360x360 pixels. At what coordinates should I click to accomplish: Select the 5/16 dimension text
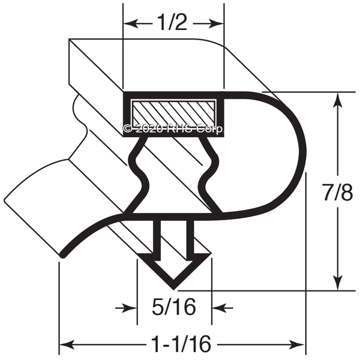point(174,307)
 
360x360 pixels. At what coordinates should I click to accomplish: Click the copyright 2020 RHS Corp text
point(173,129)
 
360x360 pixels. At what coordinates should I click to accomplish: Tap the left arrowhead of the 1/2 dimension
point(131,23)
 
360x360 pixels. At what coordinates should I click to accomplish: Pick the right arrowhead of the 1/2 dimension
point(216,23)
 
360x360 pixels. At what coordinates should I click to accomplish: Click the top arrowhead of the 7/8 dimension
point(337,100)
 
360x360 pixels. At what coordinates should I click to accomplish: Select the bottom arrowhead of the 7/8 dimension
point(337,283)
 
